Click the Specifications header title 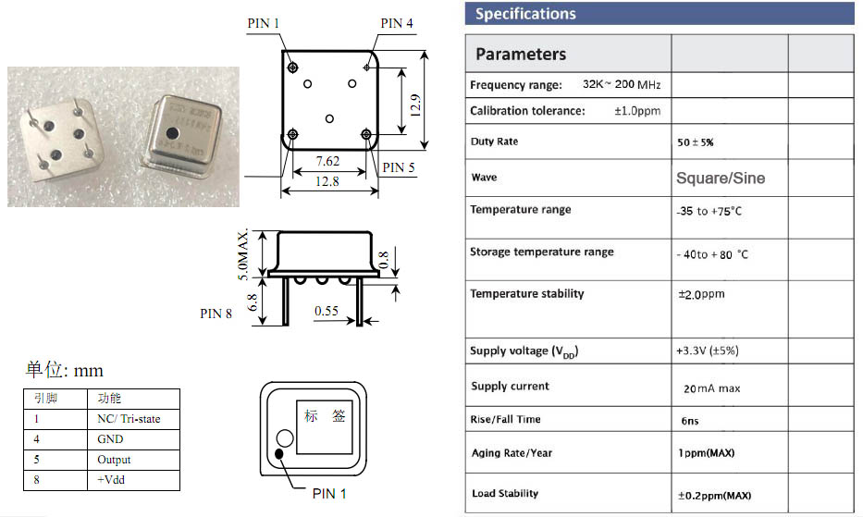[x=525, y=14]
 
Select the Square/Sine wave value [x=721, y=178]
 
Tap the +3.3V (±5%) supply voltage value [x=707, y=351]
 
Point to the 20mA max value [x=711, y=388]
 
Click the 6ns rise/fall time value [x=689, y=420]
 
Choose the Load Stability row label [x=504, y=493]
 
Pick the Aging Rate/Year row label [x=512, y=452]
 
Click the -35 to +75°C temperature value [x=709, y=211]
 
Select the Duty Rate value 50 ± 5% [x=696, y=142]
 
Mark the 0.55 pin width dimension [x=326, y=311]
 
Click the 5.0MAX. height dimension [x=243, y=253]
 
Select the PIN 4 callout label [x=397, y=23]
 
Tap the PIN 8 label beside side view [x=216, y=314]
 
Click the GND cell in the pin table [x=110, y=439]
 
